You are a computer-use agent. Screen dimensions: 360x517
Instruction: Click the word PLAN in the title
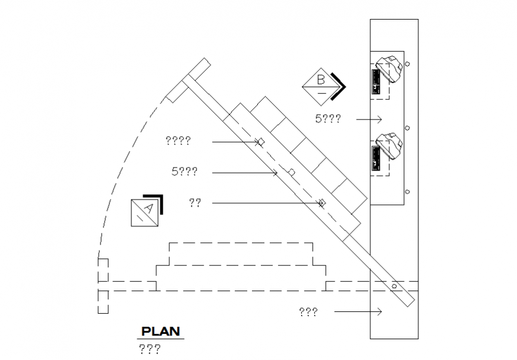tap(160, 331)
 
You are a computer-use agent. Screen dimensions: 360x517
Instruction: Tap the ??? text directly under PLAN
tap(149, 349)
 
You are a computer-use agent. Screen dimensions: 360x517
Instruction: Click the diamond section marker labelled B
tap(321, 87)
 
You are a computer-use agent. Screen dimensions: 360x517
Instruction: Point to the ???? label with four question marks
tap(178, 141)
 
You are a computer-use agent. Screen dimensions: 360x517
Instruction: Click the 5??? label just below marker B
tap(328, 119)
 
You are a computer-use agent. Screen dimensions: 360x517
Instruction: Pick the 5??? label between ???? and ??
tap(184, 172)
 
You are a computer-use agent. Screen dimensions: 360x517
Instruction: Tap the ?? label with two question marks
tap(195, 203)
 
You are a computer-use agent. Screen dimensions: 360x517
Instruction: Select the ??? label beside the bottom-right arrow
tap(308, 311)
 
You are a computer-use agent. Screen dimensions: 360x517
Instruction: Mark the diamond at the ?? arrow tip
tap(321, 203)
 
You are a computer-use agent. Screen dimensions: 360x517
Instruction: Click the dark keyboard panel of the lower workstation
tap(376, 160)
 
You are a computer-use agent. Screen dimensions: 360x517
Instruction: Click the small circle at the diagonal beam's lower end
tap(394, 286)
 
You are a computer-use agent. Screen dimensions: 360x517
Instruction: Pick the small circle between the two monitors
tap(408, 127)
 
